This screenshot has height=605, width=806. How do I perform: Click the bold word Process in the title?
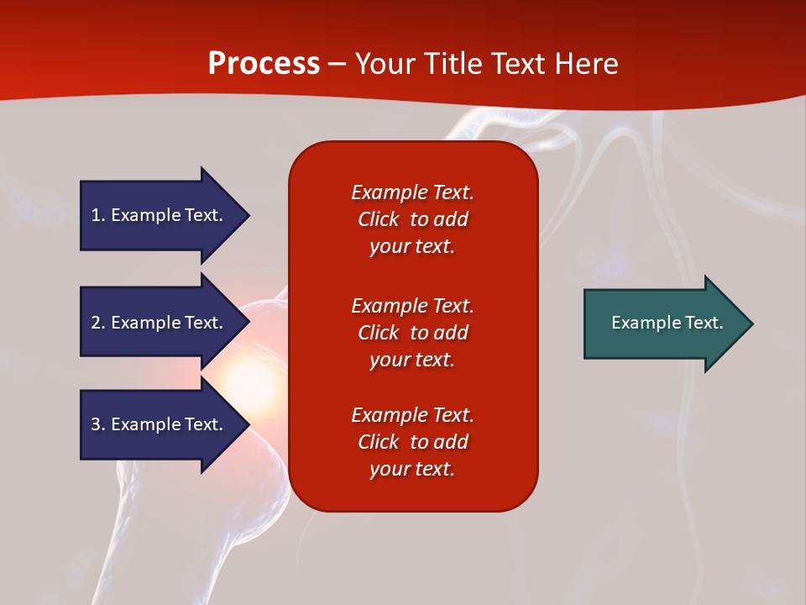click(x=264, y=64)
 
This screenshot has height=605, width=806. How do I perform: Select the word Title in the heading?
click(x=452, y=64)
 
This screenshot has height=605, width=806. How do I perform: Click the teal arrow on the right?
click(x=663, y=324)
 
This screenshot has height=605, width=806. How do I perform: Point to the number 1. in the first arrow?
click(x=97, y=215)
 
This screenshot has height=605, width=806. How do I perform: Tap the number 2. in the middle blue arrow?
click(x=97, y=323)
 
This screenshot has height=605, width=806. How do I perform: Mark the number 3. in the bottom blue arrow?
click(x=97, y=424)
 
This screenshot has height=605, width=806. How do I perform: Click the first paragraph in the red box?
click(x=412, y=219)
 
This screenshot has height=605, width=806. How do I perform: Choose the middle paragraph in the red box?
click(x=412, y=333)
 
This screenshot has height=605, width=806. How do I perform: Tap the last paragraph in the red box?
click(x=412, y=442)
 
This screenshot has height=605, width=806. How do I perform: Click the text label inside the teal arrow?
click(x=667, y=323)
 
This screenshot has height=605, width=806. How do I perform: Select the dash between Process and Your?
click(x=337, y=64)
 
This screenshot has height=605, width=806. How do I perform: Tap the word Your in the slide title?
click(x=385, y=64)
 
